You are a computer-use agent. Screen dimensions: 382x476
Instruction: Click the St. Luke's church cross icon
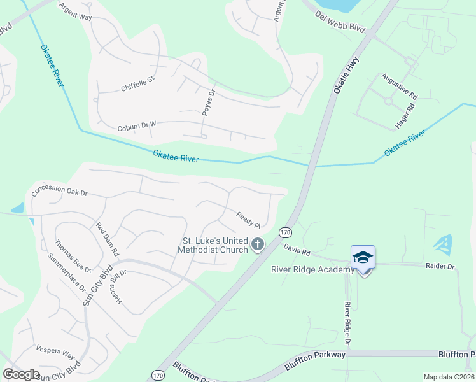[x=258, y=244]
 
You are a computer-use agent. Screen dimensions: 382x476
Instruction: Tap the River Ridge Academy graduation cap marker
[x=363, y=257]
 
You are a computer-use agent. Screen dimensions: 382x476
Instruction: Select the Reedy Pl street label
[x=249, y=220]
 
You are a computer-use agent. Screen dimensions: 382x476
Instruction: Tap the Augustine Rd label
[x=399, y=86]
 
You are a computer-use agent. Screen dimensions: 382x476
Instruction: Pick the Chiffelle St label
[x=138, y=84]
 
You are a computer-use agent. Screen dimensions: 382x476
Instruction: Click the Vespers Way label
[x=55, y=354]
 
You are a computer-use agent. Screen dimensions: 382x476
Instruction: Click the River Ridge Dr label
[x=348, y=323]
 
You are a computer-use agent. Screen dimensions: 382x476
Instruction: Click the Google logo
[x=22, y=374]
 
